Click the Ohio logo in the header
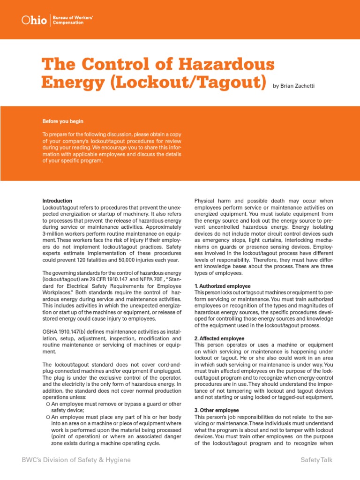35,20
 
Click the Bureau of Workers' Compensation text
73,20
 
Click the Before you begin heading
63,121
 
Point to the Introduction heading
57,201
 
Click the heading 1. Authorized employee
222,286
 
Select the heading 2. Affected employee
219,338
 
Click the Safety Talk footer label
316,460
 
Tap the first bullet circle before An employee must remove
48,404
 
